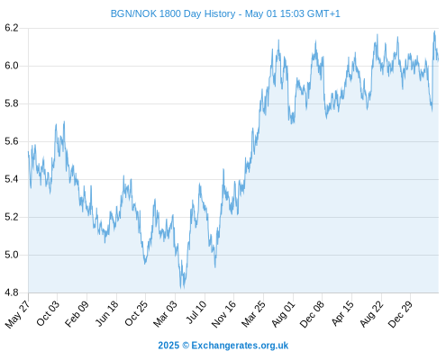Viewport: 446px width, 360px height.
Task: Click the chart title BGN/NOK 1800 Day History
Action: coord(173,13)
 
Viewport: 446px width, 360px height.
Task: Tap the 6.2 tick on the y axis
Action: coord(12,28)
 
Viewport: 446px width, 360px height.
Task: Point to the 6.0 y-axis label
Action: coord(12,66)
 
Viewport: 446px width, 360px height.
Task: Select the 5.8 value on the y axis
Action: coord(12,103)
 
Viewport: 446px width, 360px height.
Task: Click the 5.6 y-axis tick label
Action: coord(12,141)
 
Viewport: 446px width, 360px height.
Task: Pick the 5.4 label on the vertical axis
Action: coord(12,179)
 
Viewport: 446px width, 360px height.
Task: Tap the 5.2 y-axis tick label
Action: coord(12,217)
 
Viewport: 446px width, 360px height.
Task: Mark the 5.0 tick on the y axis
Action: coord(12,255)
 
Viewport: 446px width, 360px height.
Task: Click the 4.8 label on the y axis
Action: coord(12,292)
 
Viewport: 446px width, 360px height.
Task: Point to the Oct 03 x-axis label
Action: coord(49,313)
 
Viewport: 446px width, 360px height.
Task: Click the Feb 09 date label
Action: coord(77,313)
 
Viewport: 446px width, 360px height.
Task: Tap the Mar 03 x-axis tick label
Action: coord(166,314)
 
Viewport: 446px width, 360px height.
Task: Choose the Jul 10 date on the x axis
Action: coord(196,312)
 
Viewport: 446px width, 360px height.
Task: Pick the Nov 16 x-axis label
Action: coord(224,314)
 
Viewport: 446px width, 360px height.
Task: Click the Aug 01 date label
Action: coord(284,314)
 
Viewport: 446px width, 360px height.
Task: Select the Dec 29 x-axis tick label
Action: coord(401,314)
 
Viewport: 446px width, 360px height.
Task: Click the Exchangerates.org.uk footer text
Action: coord(240,346)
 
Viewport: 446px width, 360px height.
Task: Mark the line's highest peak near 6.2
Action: coord(434,31)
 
